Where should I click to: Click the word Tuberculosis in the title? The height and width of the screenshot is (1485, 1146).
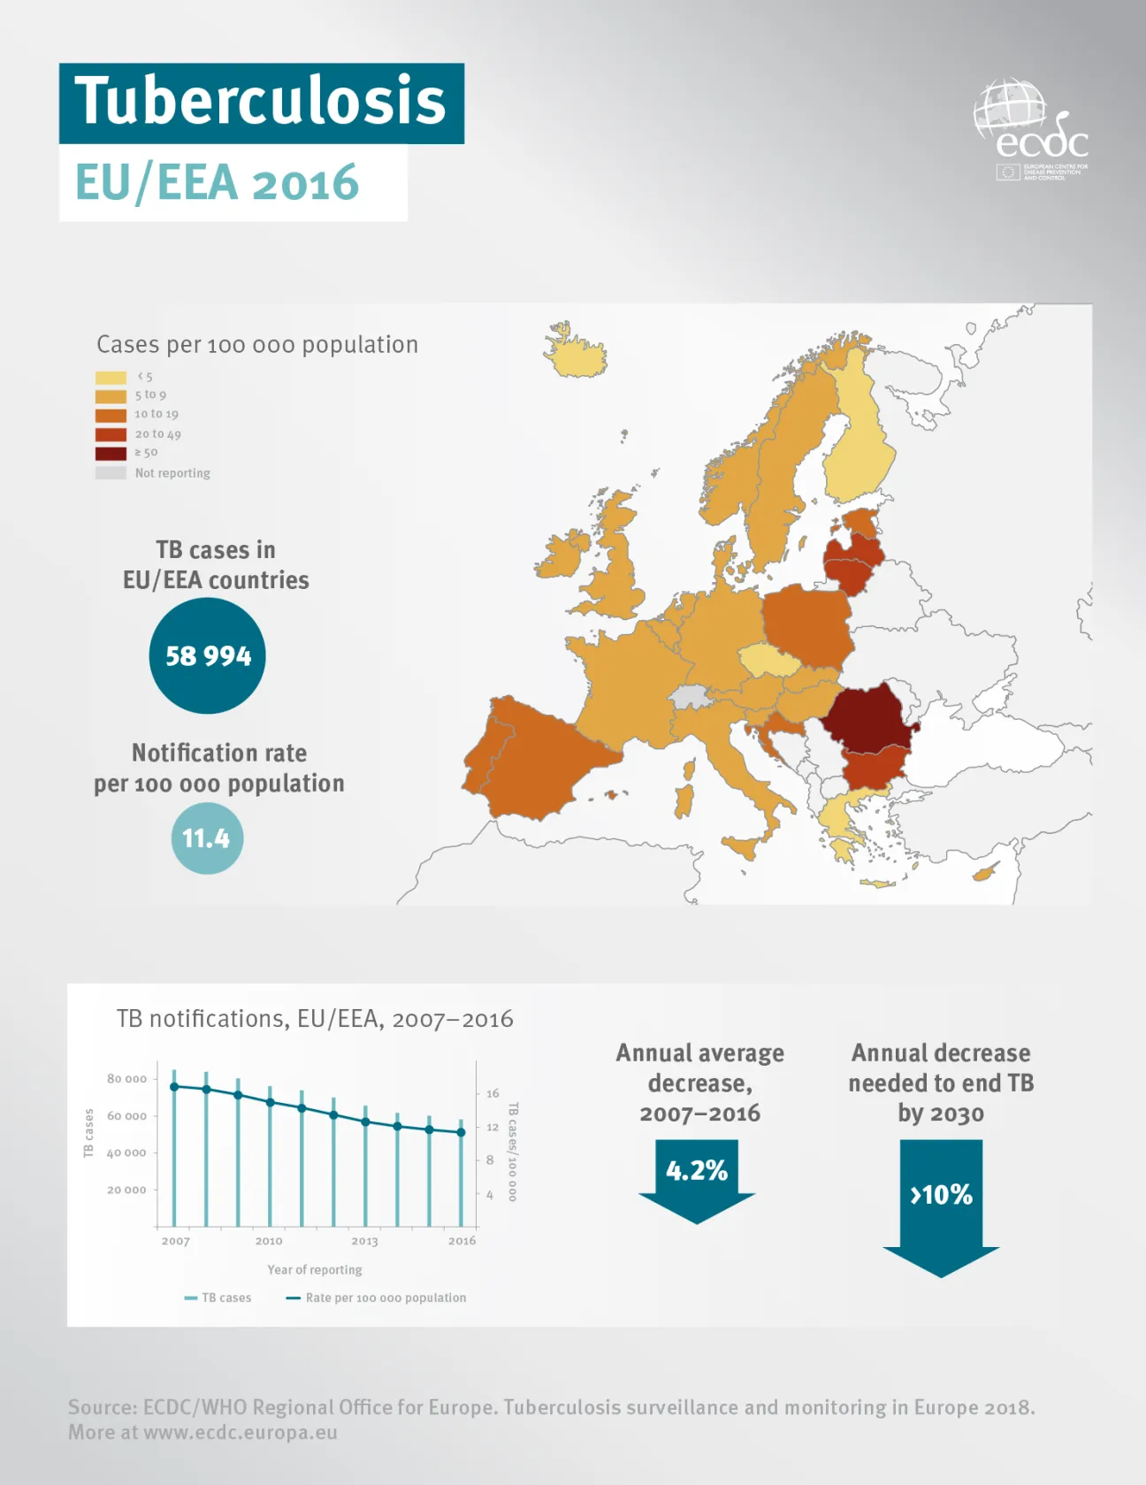point(261,101)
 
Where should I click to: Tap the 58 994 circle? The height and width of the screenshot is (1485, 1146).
point(208,655)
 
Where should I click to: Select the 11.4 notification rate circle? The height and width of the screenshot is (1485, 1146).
point(206,838)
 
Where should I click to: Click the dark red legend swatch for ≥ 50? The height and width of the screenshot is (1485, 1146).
point(111,453)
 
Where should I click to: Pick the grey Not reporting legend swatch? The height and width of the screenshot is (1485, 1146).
point(111,472)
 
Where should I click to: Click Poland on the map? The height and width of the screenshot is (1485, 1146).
point(806,624)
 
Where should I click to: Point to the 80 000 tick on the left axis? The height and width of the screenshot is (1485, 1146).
point(126,1078)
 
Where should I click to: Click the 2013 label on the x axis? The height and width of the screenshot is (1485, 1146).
point(364,1241)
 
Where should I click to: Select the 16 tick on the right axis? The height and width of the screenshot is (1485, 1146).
point(493,1093)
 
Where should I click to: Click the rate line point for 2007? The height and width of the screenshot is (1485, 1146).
point(174,1086)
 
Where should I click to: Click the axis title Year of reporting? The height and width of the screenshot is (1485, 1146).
point(315,1269)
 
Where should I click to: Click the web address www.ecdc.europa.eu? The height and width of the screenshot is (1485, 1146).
point(241,1432)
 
